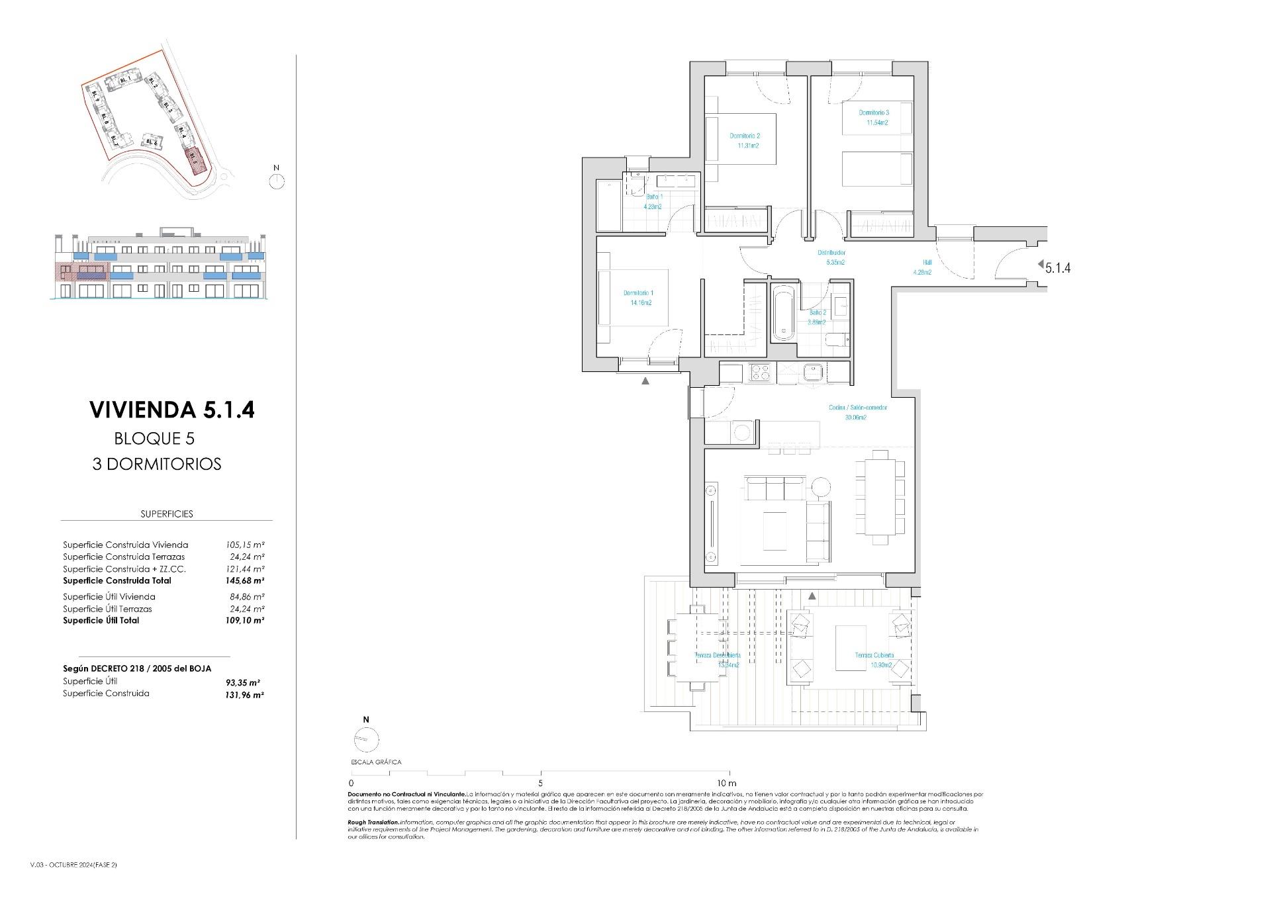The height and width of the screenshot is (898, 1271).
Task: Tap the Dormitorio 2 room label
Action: pos(744,136)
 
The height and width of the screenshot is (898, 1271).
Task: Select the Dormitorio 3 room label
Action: pos(874,112)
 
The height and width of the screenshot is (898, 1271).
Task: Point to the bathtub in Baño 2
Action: pos(784,313)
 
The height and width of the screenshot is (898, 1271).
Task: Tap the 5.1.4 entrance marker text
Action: pos(1058,268)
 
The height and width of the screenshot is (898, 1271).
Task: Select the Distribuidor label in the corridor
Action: pos(831,253)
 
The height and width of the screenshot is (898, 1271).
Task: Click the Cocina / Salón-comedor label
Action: pos(857,408)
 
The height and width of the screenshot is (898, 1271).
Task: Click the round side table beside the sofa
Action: pos(821,488)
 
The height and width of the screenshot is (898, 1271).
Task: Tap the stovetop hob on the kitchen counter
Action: pos(759,373)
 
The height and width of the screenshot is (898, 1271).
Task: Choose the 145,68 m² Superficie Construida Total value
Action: pos(245,580)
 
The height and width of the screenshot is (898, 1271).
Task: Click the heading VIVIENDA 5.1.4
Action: pos(171,410)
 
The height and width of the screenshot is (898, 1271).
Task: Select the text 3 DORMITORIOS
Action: pos(157,464)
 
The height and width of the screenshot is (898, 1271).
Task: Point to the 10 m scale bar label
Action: pos(726,783)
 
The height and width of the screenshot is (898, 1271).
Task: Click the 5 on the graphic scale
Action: pos(541,783)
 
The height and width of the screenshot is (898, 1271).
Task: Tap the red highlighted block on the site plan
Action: pos(194,159)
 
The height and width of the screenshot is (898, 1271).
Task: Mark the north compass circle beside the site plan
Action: pos(277,181)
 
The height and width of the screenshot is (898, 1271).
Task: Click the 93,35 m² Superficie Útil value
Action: pos(245,682)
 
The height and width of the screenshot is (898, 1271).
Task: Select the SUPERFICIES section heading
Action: pos(167,514)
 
